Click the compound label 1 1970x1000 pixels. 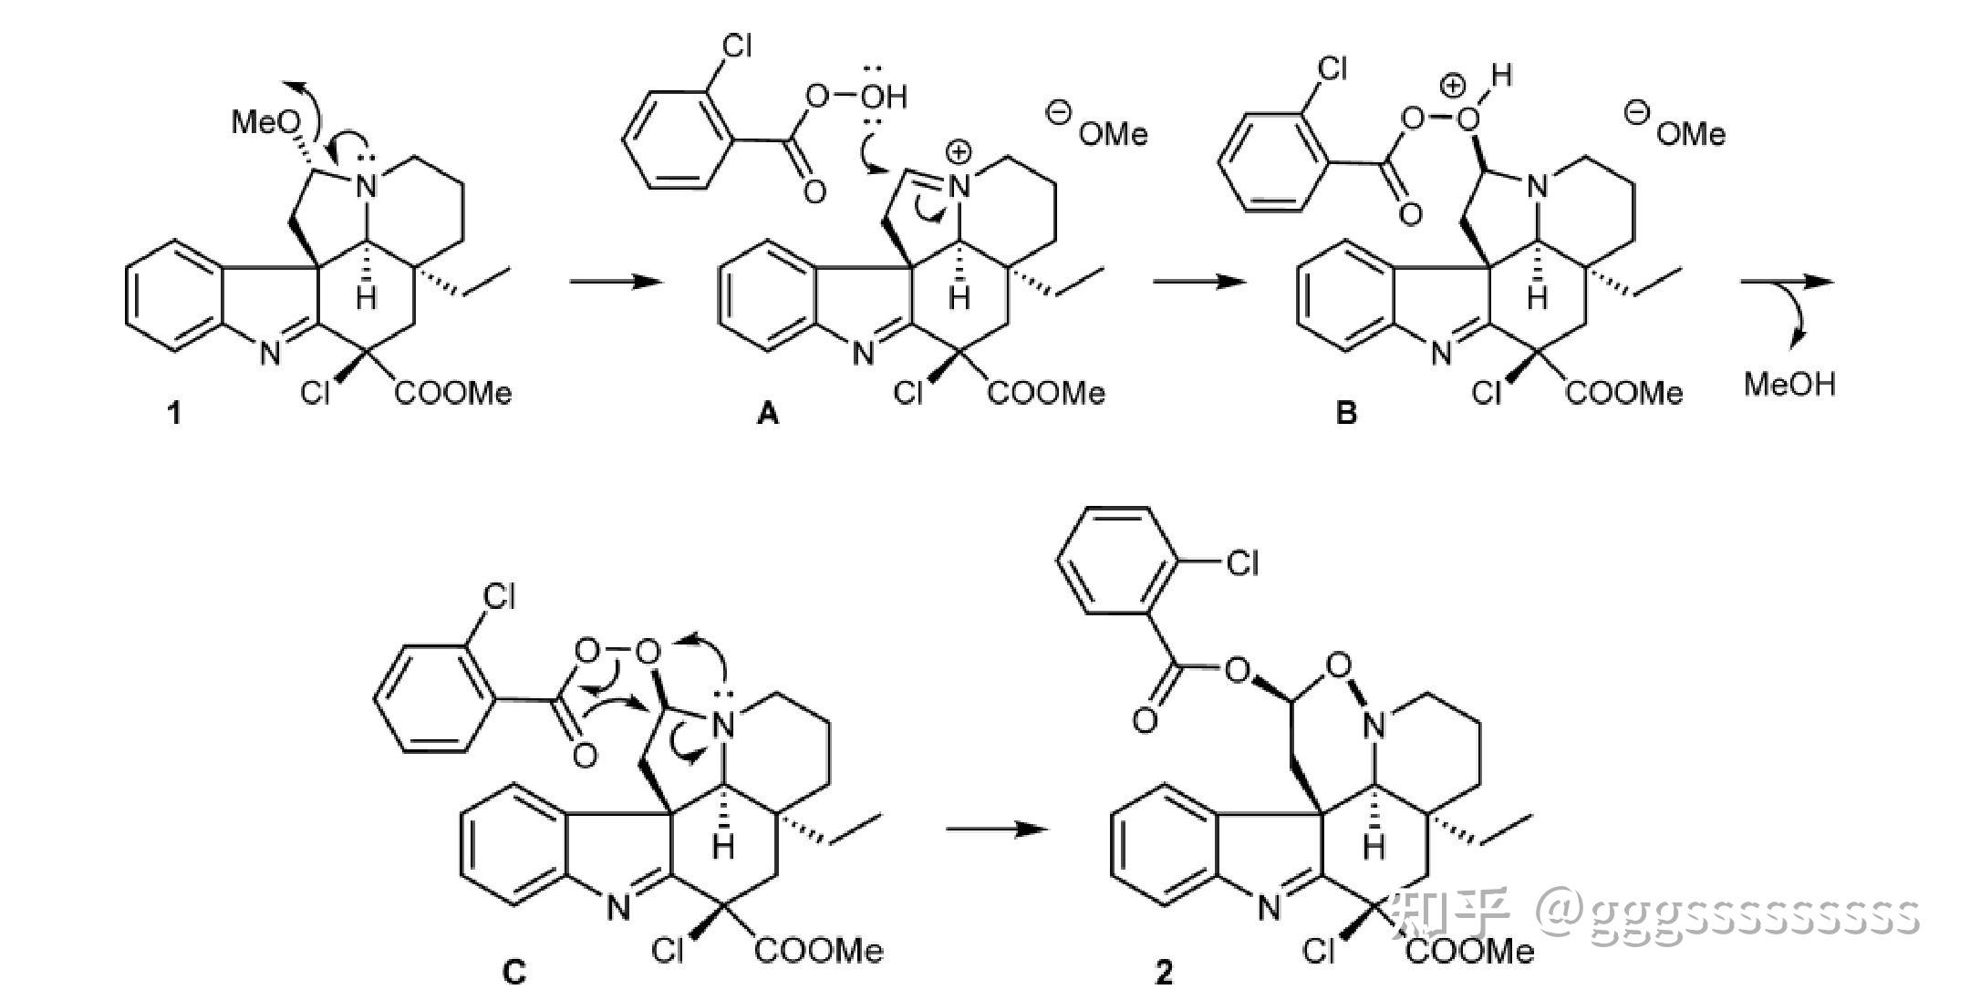click(x=173, y=414)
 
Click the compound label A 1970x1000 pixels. click(x=768, y=415)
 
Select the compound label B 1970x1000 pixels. click(x=1346, y=414)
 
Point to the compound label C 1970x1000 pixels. click(x=514, y=973)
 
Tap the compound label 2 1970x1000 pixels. click(x=1164, y=973)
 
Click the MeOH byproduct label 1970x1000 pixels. click(x=1789, y=384)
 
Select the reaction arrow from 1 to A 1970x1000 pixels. click(x=617, y=281)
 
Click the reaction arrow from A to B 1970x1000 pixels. click(x=1198, y=281)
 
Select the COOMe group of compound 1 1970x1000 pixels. click(x=453, y=393)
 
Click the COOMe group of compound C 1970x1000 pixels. click(x=819, y=951)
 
